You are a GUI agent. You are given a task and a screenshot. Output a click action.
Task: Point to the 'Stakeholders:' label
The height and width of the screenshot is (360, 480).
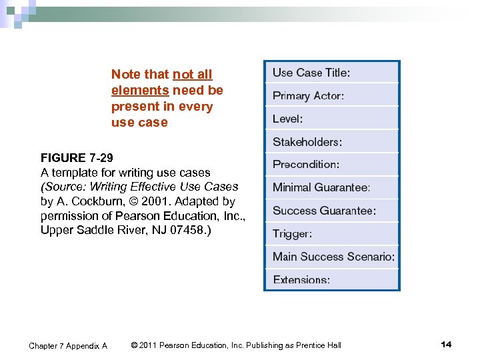(307, 142)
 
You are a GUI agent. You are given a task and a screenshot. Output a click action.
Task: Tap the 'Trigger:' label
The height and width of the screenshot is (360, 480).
(292, 234)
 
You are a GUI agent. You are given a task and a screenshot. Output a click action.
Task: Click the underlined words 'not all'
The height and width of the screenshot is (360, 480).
(192, 75)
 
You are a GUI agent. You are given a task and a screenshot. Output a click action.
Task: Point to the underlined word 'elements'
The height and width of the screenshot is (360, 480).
(140, 91)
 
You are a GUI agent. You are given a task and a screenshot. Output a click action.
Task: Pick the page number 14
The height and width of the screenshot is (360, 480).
(446, 345)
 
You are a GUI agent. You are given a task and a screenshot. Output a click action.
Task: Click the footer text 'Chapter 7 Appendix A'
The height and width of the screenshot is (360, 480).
(68, 345)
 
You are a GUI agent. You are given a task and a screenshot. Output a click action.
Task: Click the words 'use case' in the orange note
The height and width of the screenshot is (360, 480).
(139, 123)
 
